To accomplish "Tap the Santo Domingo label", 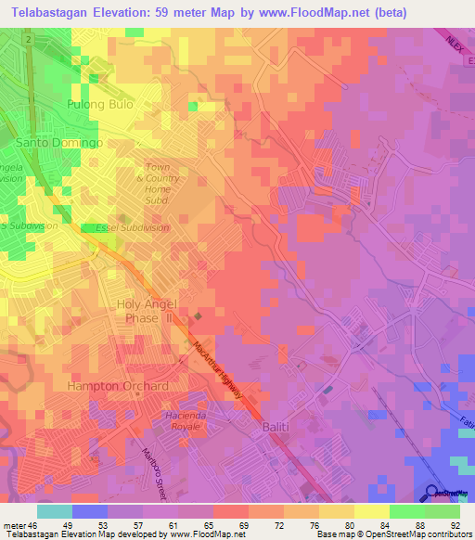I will [x=58, y=143].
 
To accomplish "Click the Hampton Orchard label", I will [x=117, y=385].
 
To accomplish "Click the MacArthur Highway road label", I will [x=219, y=370].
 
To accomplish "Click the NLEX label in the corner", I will [x=454, y=41].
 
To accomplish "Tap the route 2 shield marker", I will [x=30, y=42].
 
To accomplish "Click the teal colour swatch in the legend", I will [x=55, y=510].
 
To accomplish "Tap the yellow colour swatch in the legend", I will [x=372, y=510].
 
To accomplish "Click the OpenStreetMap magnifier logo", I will [x=432, y=493].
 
